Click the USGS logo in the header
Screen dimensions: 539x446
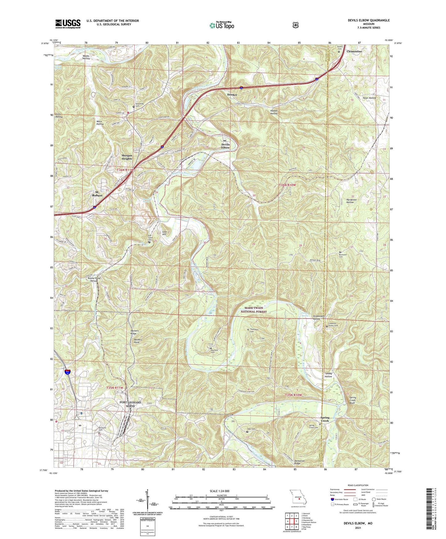pos(68,23)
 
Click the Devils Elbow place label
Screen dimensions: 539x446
pos(225,146)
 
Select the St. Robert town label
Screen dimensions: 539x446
pos(97,194)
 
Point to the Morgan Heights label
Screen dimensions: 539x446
pos(127,157)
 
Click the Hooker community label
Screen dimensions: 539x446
pos(232,95)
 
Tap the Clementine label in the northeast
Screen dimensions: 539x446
pos(354,51)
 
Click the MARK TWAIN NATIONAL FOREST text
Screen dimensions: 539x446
pos(254,310)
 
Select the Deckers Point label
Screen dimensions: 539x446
pos(138,341)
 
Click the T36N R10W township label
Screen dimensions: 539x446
pos(287,185)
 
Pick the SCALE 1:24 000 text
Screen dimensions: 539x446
pos(219,491)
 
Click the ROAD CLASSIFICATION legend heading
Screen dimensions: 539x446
pos(358,485)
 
